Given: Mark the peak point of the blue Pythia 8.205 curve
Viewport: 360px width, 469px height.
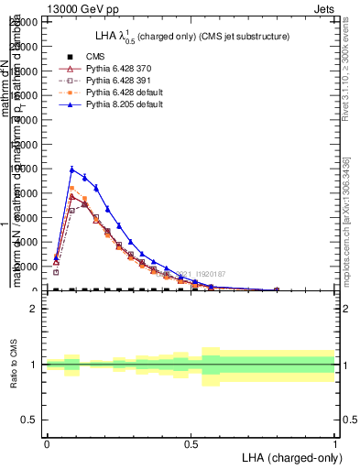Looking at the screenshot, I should [x=72, y=169].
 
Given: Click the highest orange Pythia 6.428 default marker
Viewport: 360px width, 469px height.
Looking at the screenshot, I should [x=72, y=189].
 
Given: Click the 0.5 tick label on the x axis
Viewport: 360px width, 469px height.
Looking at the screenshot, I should [x=191, y=444].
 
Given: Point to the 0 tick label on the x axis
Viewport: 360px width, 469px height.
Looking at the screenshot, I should [x=47, y=444].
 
